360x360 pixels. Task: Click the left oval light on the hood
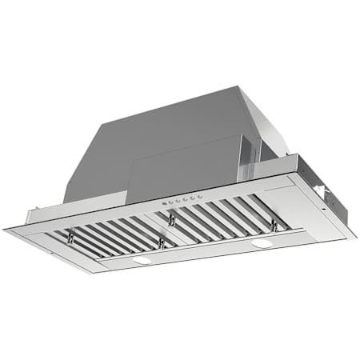[x=142, y=260]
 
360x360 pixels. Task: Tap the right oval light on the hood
[x=261, y=242]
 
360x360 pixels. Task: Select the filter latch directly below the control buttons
[x=171, y=220]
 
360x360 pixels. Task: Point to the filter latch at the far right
[x=274, y=226]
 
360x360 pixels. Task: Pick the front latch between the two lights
[x=162, y=242]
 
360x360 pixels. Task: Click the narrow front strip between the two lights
[x=200, y=252]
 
